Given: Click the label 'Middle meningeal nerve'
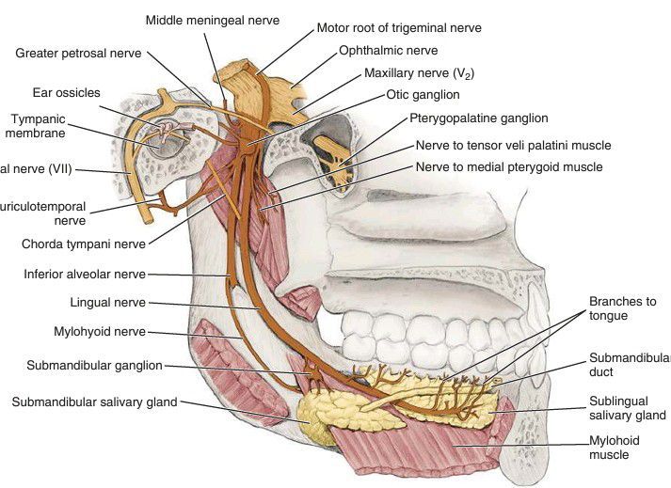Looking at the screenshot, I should [x=211, y=19].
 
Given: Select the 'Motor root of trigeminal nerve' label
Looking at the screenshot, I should [x=399, y=28].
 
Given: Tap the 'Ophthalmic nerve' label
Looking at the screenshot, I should [x=388, y=51].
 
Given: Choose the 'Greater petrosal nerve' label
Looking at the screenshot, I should [x=78, y=54].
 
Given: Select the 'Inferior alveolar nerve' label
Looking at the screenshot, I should [x=85, y=275].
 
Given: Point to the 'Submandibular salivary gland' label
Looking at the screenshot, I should [x=93, y=401].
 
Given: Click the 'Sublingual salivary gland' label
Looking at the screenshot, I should [x=627, y=408].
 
